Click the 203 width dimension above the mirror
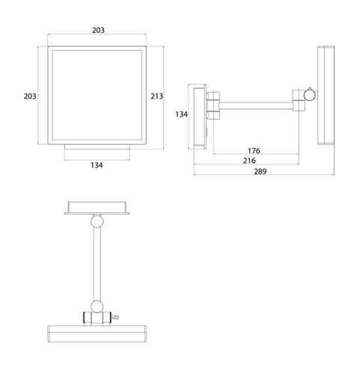(98, 30)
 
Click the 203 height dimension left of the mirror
(30, 96)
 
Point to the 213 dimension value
(156, 96)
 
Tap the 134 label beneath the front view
(97, 165)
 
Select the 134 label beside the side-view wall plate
(182, 114)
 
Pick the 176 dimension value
(254, 150)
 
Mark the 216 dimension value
(249, 161)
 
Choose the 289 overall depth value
(260, 171)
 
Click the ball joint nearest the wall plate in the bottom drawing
(97, 221)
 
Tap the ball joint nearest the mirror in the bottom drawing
(97, 306)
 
